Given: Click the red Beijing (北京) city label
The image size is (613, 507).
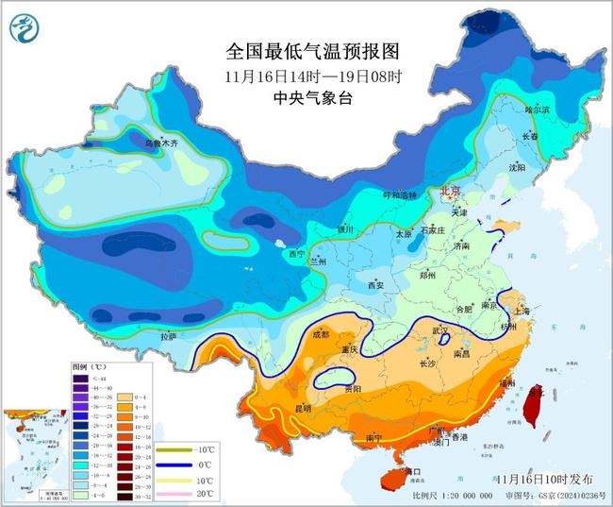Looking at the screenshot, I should click(x=450, y=191).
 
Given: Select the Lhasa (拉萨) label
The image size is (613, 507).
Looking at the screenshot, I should click(x=168, y=336).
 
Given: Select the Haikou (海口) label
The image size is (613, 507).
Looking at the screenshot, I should click(x=411, y=470).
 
